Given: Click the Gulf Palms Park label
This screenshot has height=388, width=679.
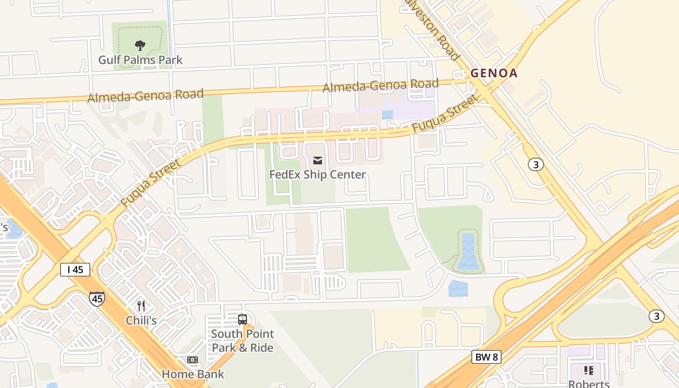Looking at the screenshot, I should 140,60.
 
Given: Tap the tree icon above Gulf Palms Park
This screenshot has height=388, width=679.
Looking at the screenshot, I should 140,46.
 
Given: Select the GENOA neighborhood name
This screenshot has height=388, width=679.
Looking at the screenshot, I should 494,73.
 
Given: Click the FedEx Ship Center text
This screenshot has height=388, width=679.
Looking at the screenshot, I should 318,175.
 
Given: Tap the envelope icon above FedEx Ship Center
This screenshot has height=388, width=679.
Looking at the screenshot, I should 318,161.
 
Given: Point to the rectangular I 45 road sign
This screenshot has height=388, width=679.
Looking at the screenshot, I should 75,270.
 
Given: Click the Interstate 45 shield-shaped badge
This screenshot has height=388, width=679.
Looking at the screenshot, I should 97,298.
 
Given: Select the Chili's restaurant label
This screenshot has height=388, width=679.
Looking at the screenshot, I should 141,320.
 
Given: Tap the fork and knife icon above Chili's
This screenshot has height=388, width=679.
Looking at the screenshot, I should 141,306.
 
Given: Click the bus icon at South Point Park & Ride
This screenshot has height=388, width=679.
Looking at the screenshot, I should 242,320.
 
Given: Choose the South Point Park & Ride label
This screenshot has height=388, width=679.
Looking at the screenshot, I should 242,341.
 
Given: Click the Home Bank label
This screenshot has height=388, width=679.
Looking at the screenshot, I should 193,374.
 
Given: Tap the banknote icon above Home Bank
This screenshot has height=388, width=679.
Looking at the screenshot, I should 193,360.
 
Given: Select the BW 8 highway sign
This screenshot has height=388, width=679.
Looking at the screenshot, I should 486,357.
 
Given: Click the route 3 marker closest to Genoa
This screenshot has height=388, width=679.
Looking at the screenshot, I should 535,164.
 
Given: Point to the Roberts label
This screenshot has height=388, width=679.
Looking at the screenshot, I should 589,384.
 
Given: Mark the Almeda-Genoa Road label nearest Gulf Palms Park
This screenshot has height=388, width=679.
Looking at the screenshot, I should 145,95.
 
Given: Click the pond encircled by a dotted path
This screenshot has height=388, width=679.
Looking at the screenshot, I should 468,251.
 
